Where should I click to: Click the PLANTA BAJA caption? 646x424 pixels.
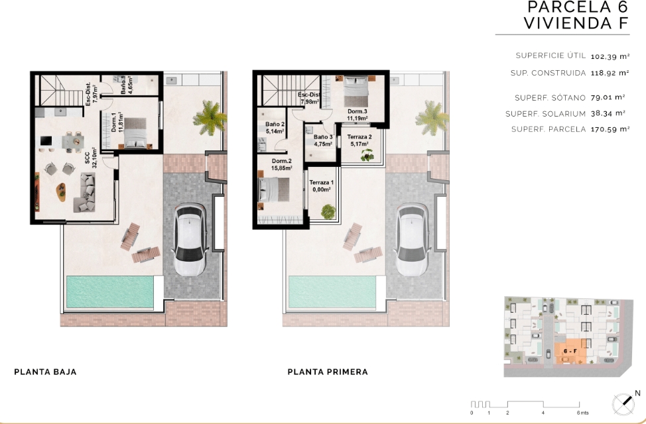pyautogui.click(x=45, y=372)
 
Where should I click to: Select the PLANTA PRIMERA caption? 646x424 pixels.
pyautogui.click(x=328, y=372)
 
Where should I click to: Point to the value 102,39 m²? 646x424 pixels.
pyautogui.click(x=610, y=56)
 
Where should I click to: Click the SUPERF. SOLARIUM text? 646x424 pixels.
pyautogui.click(x=545, y=113)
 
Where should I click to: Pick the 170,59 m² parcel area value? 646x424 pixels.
pyautogui.click(x=610, y=129)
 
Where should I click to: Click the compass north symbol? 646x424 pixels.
pyautogui.click(x=622, y=403)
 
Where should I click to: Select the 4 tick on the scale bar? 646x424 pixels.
pyautogui.click(x=543, y=413)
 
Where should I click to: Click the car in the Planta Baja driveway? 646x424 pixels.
pyautogui.click(x=190, y=239)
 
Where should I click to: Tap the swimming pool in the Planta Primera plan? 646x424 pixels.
pyautogui.click(x=332, y=292)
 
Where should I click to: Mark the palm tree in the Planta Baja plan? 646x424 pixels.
pyautogui.click(x=210, y=117)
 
